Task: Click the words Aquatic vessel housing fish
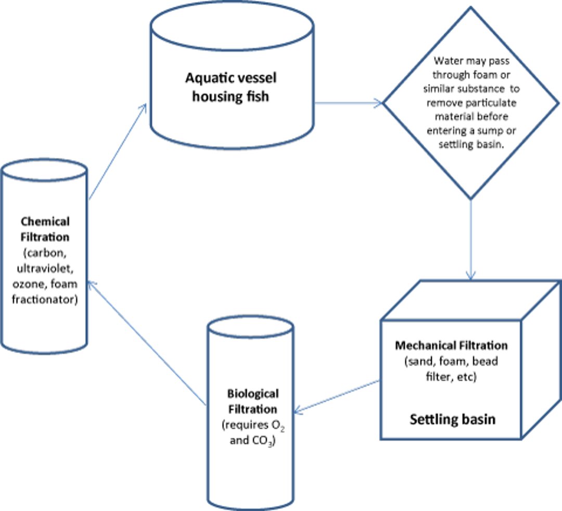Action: coord(231,87)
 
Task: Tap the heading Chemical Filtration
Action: coord(45,229)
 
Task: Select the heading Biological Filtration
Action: coord(252,401)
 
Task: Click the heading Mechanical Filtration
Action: coord(451,345)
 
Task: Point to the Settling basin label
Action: coord(452,419)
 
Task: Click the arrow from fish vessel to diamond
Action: coord(349,103)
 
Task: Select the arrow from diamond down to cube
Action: coord(471,240)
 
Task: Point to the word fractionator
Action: coord(45,300)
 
